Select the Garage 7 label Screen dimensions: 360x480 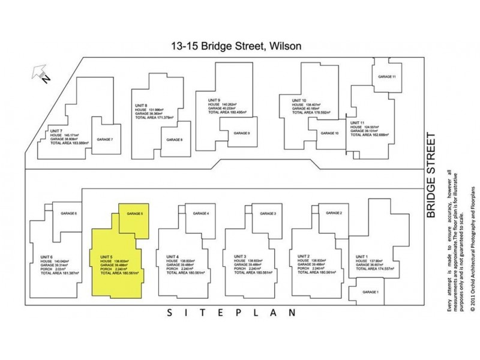point(104,139)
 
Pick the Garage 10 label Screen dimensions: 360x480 point(329,133)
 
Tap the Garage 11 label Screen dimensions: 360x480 point(386,77)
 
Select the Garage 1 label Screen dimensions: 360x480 point(370,292)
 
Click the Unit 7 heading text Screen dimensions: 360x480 point(56,130)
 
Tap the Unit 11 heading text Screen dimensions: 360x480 point(357,122)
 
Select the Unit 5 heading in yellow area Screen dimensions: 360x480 point(107,257)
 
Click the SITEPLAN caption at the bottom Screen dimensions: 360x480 point(230,313)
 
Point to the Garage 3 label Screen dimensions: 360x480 point(267,214)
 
